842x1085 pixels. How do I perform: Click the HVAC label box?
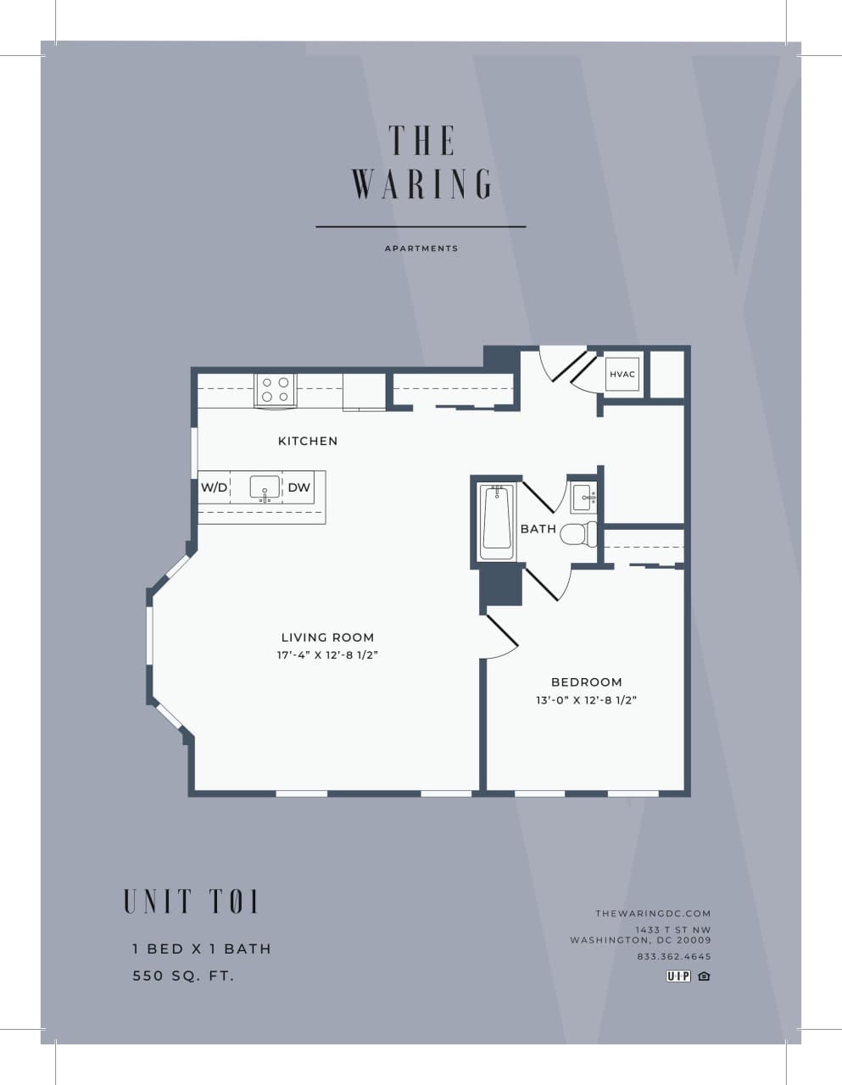click(x=622, y=375)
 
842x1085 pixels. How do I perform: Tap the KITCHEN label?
click(x=308, y=441)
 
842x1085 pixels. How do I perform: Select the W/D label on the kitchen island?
click(x=214, y=487)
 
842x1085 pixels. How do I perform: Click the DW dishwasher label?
click(x=298, y=487)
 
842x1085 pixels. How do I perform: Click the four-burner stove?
click(x=275, y=390)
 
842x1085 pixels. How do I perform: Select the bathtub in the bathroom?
click(x=495, y=522)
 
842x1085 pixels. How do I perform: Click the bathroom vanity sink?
click(x=583, y=498)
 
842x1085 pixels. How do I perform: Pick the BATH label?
click(x=538, y=529)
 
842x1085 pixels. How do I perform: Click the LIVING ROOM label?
click(x=327, y=637)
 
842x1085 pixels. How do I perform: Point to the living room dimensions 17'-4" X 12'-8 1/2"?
click(x=326, y=655)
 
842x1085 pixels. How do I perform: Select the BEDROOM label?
click(x=586, y=682)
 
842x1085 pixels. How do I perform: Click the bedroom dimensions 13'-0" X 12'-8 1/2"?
click(x=586, y=700)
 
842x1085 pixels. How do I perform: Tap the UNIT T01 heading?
click(x=191, y=901)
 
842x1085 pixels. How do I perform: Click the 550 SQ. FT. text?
click(x=183, y=976)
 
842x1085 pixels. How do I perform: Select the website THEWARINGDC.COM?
click(x=653, y=913)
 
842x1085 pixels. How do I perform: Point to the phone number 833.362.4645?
click(x=674, y=957)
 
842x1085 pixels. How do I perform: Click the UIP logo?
click(x=678, y=976)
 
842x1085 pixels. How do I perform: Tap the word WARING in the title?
click(x=421, y=184)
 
